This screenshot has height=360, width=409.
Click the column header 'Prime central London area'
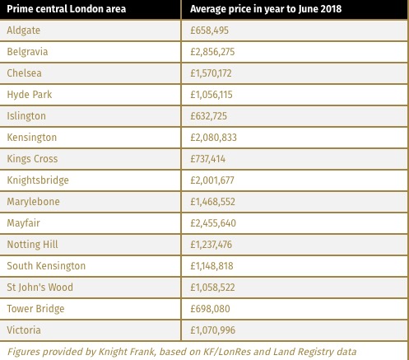point(67,9)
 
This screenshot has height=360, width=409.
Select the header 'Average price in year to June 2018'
point(266,9)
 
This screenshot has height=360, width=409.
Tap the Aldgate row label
point(24,30)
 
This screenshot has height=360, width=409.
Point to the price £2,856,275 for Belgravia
point(212,52)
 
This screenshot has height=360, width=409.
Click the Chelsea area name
point(25,73)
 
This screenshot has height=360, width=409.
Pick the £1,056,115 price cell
point(211,95)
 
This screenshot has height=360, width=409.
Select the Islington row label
point(26,116)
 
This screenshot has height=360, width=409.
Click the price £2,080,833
point(213,138)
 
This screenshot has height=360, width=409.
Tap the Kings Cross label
point(32,159)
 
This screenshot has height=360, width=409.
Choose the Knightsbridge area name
point(38,180)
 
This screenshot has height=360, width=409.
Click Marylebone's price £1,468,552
point(212,202)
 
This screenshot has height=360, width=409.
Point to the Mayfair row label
point(24,223)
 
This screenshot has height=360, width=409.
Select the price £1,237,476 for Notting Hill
point(211,245)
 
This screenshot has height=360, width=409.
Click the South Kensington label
point(46,266)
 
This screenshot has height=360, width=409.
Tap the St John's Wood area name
point(40,288)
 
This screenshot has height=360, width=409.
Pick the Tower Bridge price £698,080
point(210,309)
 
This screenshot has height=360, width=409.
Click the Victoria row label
point(24,330)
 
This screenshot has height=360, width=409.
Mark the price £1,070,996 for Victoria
point(213,330)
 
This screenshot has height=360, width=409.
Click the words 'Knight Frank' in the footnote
point(127,352)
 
